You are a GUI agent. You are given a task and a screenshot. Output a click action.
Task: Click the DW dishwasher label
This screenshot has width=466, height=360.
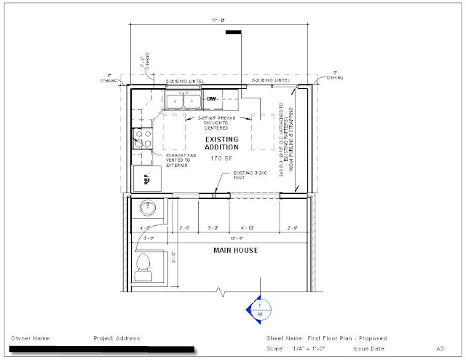(x=213, y=99)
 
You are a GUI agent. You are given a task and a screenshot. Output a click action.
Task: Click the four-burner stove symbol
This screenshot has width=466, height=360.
(x=140, y=138)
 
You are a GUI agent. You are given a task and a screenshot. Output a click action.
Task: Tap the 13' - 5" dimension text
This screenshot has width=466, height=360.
(x=234, y=238)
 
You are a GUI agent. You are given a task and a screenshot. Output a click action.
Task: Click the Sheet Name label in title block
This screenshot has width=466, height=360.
(x=283, y=339)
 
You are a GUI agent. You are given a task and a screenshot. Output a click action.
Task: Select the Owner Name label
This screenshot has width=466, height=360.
(x=31, y=339)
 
